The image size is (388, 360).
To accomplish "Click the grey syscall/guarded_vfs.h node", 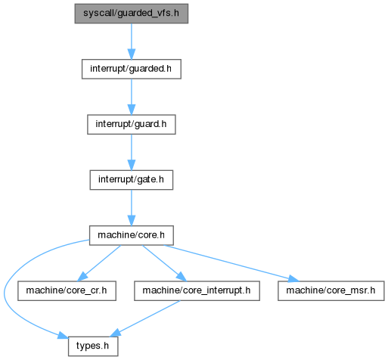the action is [132, 14].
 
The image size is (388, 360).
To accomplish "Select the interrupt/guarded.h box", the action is [132, 69].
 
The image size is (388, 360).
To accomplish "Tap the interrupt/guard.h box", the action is [132, 125].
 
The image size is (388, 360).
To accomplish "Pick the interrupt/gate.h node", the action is [132, 180].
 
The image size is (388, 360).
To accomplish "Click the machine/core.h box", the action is [132, 235].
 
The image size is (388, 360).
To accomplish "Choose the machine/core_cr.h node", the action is [67, 291].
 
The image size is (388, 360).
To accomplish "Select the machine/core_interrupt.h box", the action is [197, 291].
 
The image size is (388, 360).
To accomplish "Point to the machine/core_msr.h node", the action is [331, 291].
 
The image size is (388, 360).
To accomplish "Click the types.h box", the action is [93, 346].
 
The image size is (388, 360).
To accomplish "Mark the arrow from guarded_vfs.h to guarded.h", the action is [132, 42].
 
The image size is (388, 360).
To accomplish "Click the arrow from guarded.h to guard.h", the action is [132, 97].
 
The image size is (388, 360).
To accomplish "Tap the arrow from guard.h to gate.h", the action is [132, 153].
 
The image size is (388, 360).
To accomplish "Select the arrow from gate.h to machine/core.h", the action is [132, 208].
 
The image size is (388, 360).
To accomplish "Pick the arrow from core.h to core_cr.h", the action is [99, 263].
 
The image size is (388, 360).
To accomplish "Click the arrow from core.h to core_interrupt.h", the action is [164, 263].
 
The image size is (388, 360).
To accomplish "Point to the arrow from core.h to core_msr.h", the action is [231, 263].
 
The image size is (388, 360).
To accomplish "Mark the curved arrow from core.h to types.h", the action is [5, 293].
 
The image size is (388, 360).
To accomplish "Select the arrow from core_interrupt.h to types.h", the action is [144, 318].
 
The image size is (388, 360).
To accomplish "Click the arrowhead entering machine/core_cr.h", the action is [82, 277].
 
